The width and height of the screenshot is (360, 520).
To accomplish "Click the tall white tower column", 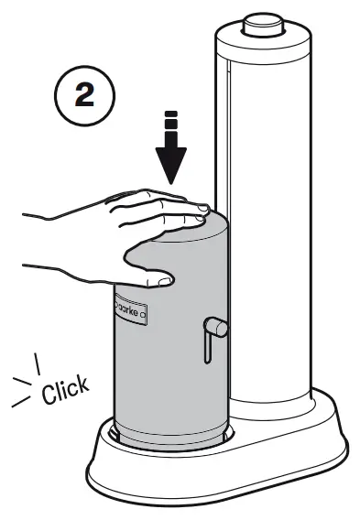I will [261, 183].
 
